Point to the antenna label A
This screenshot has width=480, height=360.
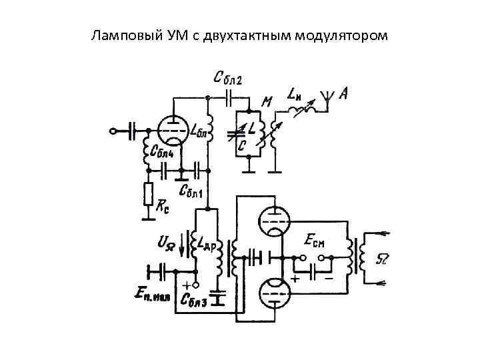(343, 95)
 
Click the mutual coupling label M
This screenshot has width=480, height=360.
(267, 102)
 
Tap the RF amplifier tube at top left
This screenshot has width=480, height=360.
(173, 129)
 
